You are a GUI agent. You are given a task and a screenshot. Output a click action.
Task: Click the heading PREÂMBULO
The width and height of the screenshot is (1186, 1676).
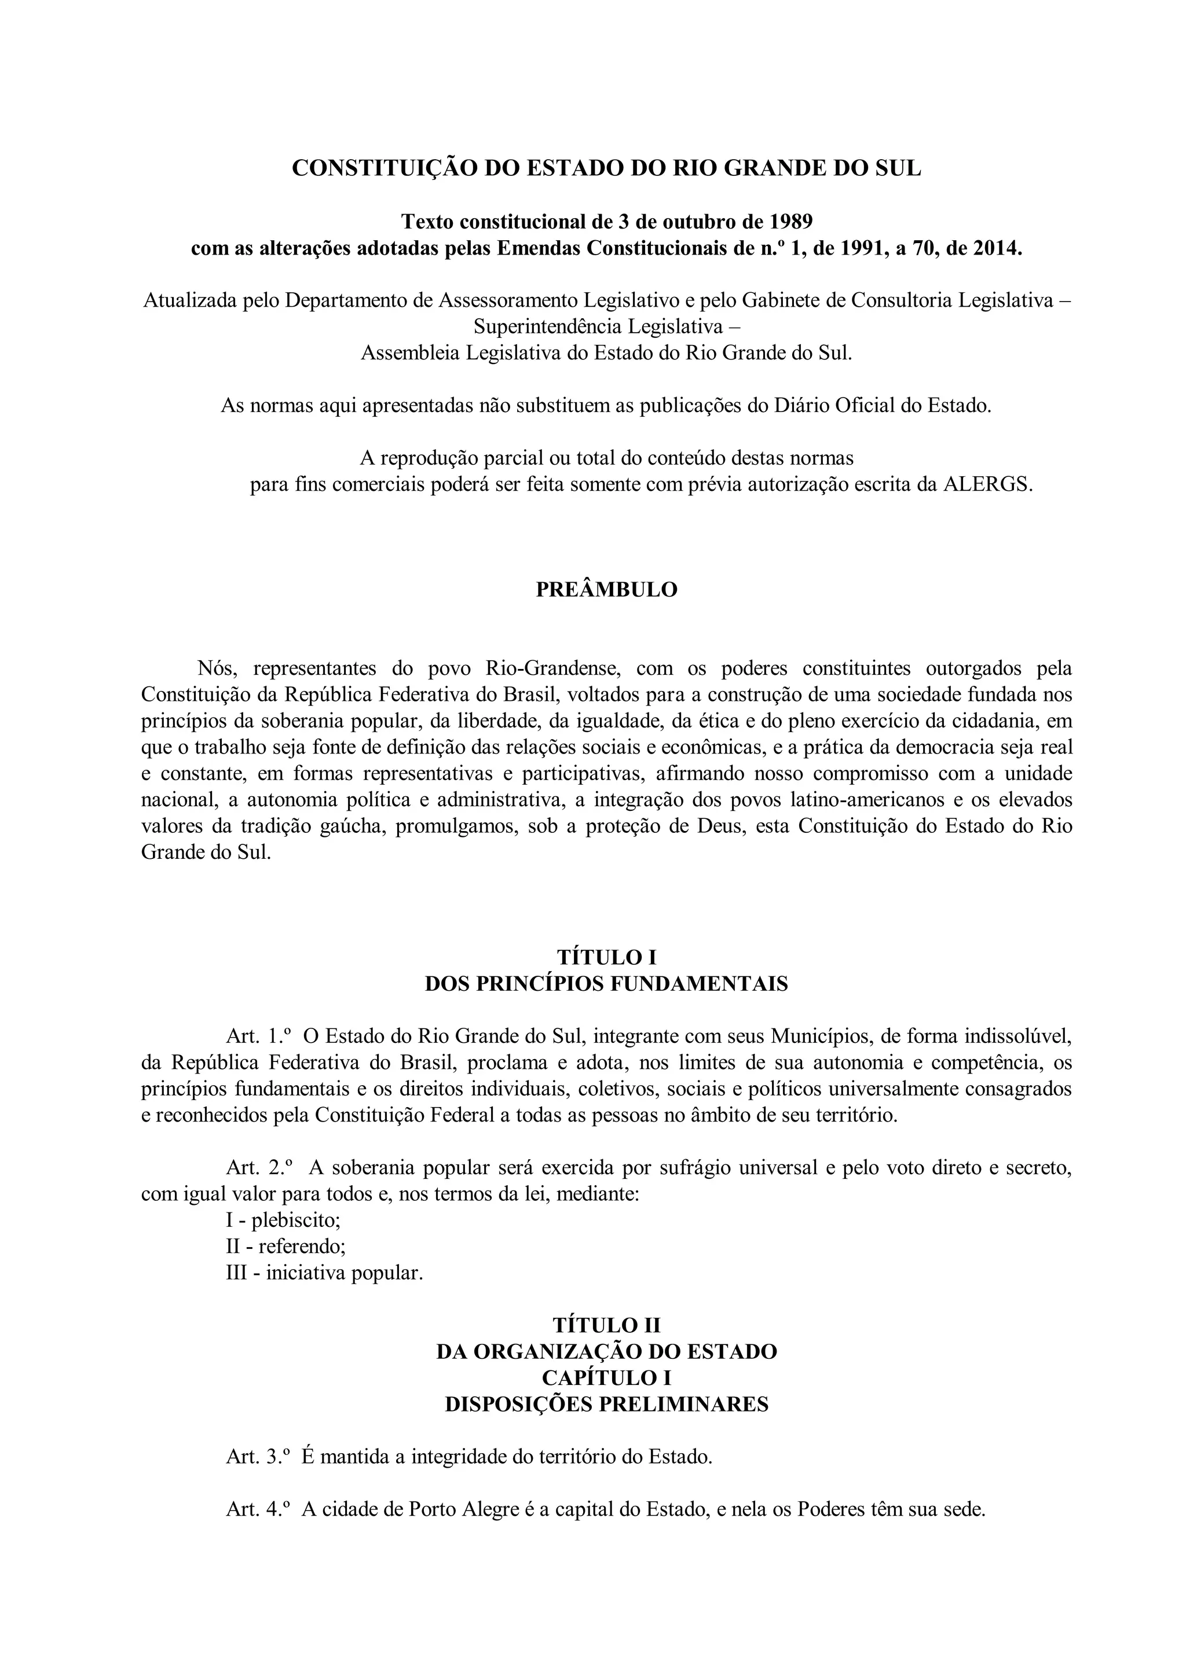coord(606,590)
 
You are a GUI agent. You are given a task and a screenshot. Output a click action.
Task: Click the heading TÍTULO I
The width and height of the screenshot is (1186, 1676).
coord(606,957)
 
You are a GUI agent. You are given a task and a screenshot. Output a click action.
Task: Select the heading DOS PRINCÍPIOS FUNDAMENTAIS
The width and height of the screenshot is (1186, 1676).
coord(606,984)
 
